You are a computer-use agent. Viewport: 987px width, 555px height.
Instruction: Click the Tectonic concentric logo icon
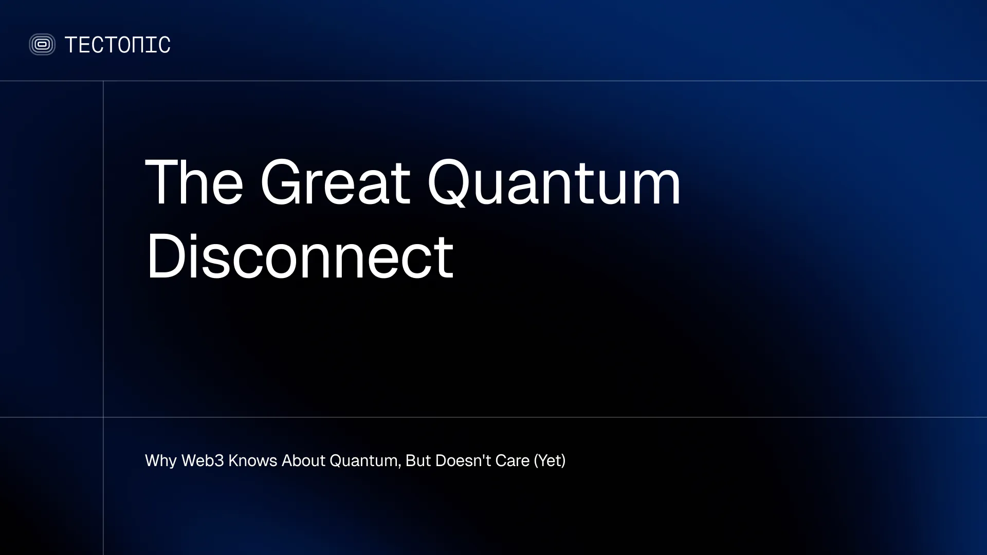tap(42, 45)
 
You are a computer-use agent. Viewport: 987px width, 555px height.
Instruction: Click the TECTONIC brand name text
tap(117, 45)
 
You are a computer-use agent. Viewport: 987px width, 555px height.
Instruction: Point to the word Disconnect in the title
tap(300, 256)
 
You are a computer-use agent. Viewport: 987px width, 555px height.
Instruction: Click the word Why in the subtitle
tap(161, 461)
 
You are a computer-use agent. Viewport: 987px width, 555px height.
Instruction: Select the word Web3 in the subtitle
tap(203, 461)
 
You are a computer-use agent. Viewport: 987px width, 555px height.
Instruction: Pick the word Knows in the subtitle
tap(252, 461)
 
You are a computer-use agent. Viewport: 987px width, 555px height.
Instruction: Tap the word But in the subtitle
tap(418, 461)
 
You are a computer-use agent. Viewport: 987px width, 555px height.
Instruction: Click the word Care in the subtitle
tap(512, 461)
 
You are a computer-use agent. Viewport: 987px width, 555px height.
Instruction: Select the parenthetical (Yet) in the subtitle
tap(550, 461)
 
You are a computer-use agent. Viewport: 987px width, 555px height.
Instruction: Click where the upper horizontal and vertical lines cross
tap(103, 81)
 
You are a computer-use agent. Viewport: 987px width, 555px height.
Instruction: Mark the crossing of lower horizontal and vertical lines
tap(103, 417)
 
